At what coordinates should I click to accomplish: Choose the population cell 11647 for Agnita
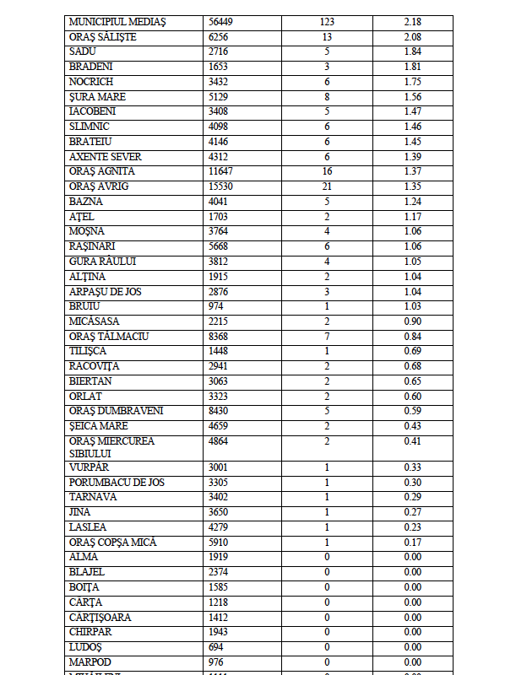(221, 170)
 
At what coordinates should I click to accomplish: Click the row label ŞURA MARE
(98, 96)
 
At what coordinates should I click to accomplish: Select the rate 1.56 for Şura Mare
(412, 96)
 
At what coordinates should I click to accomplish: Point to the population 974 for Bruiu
(216, 305)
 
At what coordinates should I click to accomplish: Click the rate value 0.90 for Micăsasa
(412, 321)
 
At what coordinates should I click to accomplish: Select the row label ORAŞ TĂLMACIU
(108, 336)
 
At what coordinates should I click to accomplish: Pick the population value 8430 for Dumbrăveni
(219, 411)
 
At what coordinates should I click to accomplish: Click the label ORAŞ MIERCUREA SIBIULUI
(111, 446)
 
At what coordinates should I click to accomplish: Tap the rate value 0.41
(412, 441)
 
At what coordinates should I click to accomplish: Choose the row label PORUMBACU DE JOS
(117, 482)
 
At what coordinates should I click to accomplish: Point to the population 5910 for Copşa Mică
(219, 542)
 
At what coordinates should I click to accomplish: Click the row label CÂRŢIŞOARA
(100, 617)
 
